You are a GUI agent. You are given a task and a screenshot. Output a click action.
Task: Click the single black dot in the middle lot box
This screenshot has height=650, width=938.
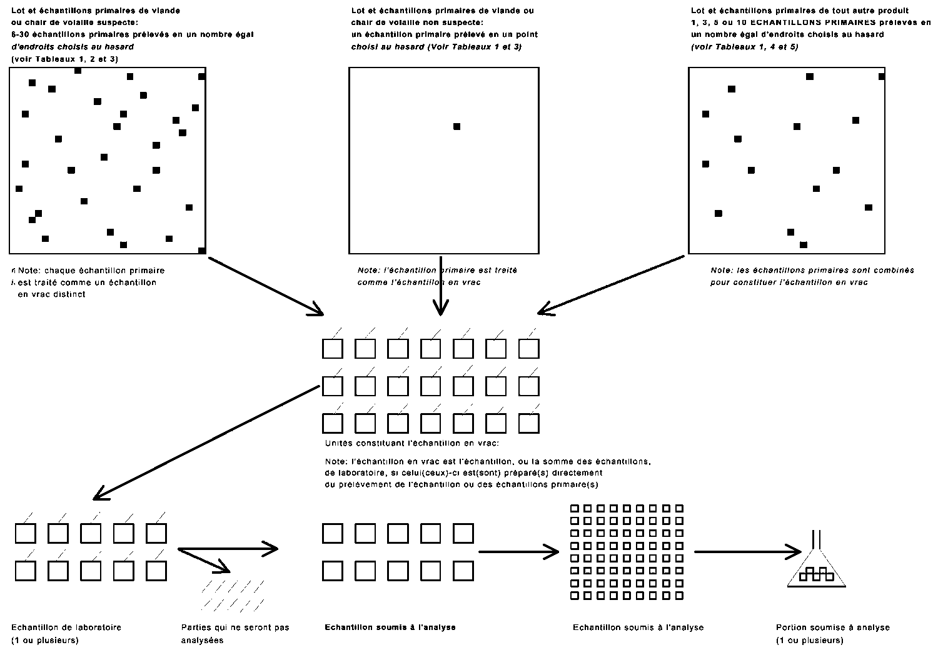pos(456,126)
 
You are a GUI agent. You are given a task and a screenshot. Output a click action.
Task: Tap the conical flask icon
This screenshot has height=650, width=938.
pos(816,566)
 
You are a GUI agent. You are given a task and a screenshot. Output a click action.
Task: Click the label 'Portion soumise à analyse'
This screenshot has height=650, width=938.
pos(832,627)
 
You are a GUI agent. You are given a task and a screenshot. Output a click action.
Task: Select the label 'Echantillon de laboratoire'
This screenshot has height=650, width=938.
pos(66,627)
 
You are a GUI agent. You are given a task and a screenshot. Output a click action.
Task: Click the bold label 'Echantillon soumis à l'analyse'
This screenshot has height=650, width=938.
pos(390,627)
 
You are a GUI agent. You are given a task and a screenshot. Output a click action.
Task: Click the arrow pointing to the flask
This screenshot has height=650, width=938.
pos(747,552)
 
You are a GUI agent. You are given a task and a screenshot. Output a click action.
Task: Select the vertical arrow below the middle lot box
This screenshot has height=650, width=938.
pos(441,284)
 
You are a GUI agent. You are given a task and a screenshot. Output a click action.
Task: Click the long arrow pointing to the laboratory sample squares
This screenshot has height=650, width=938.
pos(206,442)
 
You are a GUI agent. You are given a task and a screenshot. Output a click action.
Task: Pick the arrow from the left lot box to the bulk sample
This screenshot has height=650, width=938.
pos(266,285)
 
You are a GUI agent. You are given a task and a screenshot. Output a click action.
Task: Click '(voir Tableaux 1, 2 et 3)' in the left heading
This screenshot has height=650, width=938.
pos(64,59)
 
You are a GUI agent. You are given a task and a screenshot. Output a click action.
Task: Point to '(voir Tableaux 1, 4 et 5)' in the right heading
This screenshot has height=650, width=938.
pos(744,47)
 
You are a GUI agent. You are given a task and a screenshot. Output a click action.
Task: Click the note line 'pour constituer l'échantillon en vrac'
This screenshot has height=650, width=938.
pos(789,282)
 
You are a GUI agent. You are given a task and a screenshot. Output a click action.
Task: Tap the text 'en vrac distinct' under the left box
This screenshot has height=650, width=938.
pos(51,294)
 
